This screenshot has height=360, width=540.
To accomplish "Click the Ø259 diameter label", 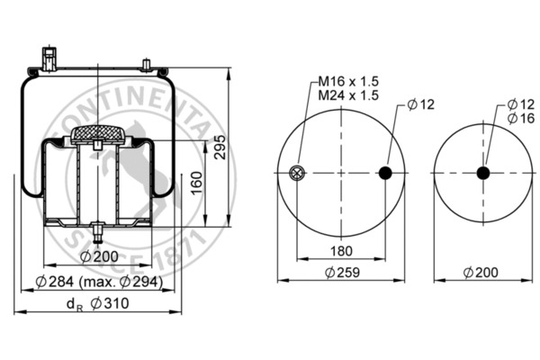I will tap(342, 271).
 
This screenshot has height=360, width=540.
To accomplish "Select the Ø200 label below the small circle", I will tap(481, 271).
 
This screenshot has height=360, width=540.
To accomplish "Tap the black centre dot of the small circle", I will tap(482, 174).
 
